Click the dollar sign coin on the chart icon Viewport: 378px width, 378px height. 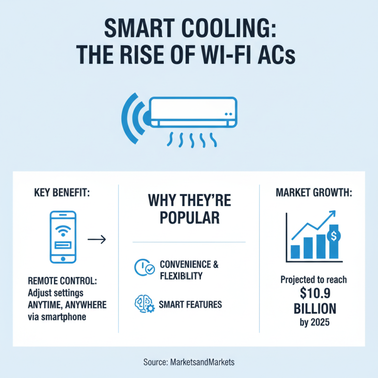pyautogui.click(x=334, y=236)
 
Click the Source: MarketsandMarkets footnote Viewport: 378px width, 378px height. pyautogui.click(x=189, y=362)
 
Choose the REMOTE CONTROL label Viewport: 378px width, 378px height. pyautogui.click(x=62, y=280)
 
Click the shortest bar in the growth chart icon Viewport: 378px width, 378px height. pyautogui.click(x=296, y=251)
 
